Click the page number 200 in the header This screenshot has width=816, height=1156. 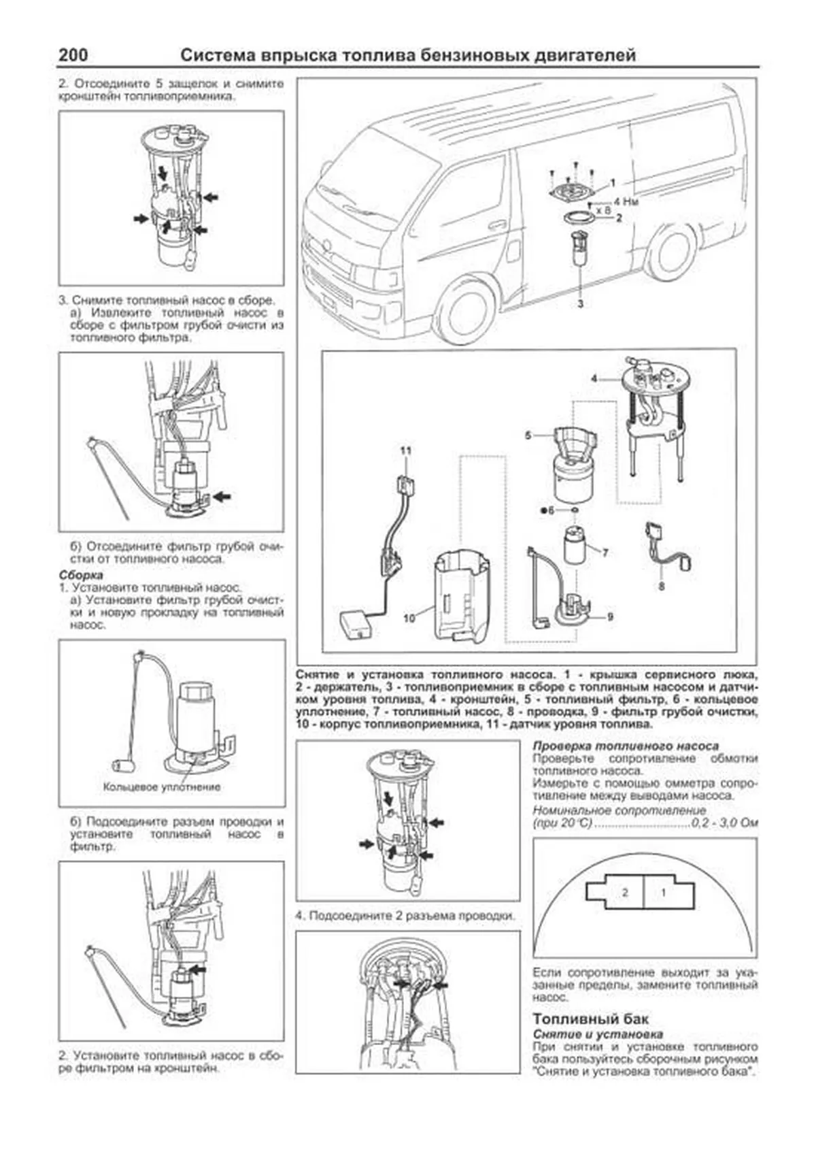[x=73, y=55]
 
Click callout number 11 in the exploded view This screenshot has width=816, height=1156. [x=405, y=451]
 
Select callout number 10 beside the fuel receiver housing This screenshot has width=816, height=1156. [x=409, y=618]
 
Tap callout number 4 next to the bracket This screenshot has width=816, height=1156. [x=594, y=378]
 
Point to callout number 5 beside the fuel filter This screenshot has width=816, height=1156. [x=528, y=435]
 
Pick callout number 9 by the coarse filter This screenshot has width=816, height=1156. [x=610, y=616]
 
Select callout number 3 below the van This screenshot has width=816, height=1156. [x=580, y=304]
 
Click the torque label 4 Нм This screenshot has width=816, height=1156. [x=626, y=201]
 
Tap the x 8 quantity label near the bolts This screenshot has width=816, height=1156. [x=602, y=210]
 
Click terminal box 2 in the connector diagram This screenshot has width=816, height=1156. [x=624, y=893]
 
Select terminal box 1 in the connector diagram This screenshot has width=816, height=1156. [x=664, y=893]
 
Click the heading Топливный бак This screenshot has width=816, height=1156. [x=590, y=1019]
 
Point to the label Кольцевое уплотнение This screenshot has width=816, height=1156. [x=162, y=787]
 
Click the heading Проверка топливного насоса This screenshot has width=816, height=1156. [x=625, y=746]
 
